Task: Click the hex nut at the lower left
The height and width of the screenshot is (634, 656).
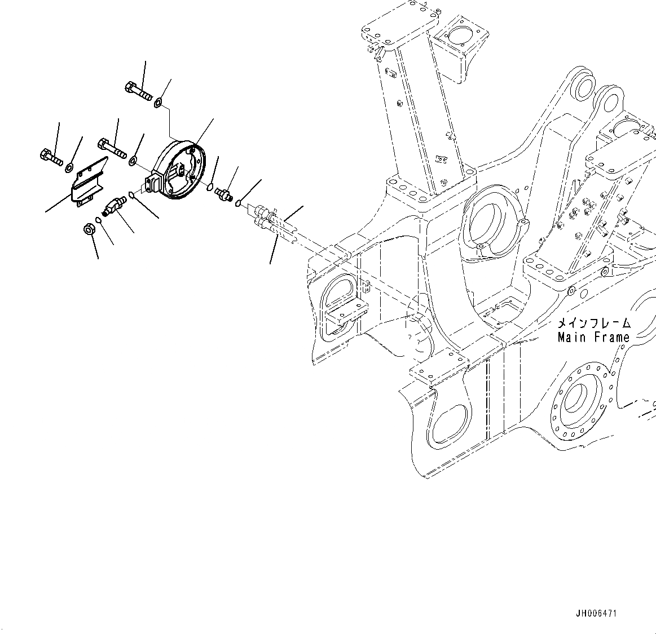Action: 89,229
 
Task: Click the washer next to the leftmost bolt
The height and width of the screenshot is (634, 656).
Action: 69,167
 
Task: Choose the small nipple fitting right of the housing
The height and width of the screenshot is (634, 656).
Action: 224,193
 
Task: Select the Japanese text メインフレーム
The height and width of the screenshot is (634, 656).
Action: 593,323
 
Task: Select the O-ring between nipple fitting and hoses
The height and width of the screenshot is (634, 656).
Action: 238,203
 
